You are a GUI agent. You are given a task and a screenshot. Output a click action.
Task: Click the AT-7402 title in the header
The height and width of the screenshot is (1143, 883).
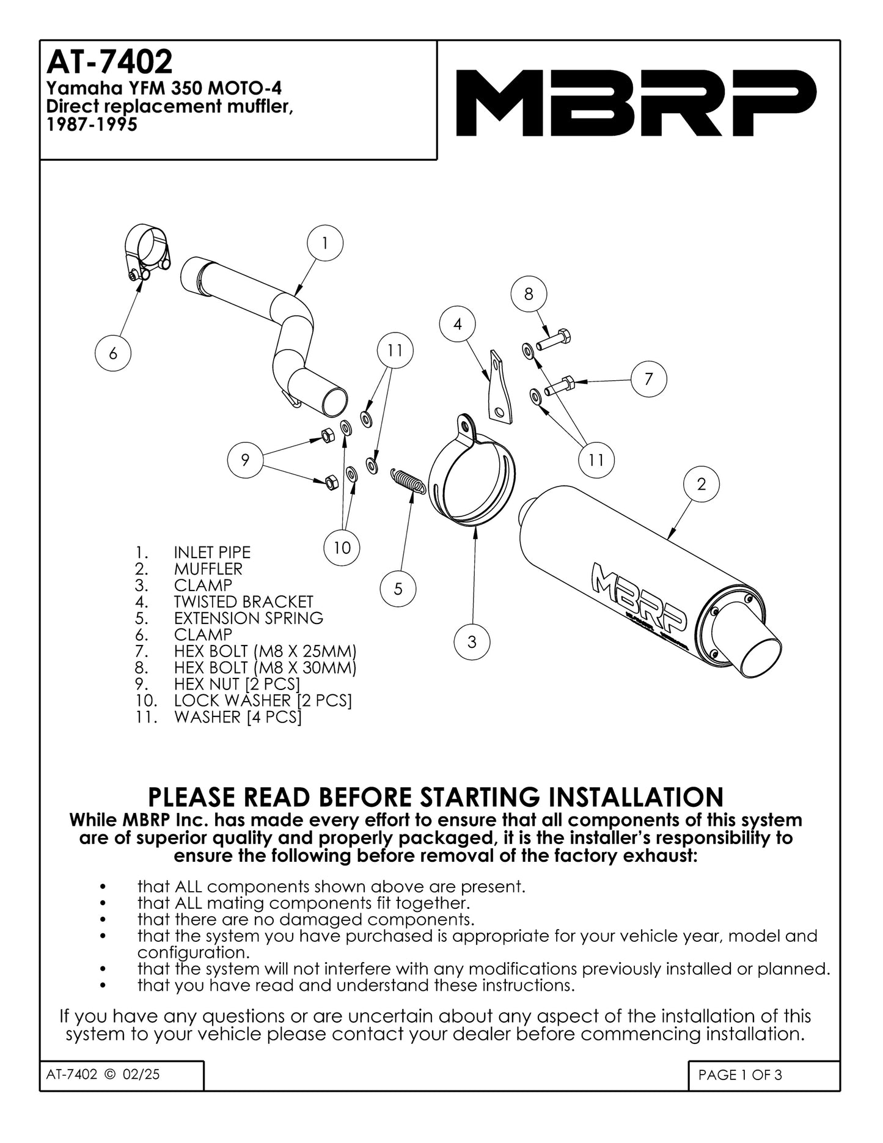click(x=110, y=62)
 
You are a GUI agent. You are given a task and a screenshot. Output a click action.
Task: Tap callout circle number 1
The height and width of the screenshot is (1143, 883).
click(x=324, y=243)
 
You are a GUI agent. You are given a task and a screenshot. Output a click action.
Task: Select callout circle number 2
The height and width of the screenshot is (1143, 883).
click(x=701, y=484)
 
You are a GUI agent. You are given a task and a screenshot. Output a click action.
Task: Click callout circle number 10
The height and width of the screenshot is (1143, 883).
click(x=342, y=547)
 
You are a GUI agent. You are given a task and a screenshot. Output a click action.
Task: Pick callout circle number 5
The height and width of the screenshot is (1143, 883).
click(x=398, y=589)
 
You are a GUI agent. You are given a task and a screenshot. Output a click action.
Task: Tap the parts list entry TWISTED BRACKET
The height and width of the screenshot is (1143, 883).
click(x=243, y=601)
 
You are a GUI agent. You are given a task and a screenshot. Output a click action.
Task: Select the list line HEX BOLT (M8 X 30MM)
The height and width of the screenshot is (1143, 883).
click(x=265, y=667)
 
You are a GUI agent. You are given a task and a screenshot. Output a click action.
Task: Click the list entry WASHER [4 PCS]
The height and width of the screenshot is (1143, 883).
click(x=238, y=717)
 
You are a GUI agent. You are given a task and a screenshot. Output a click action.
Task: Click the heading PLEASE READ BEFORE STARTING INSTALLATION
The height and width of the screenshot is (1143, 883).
click(x=436, y=798)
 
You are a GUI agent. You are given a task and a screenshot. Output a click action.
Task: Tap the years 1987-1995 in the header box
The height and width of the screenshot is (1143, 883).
click(x=92, y=125)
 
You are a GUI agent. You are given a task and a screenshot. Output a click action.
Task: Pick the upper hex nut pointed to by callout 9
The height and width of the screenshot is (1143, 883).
click(x=326, y=436)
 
